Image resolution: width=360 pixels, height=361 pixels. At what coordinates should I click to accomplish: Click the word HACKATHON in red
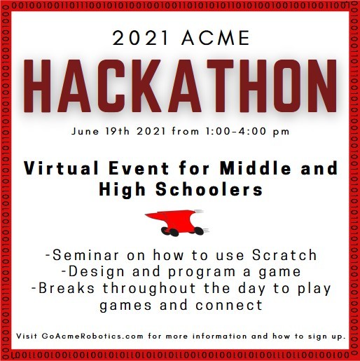point(180,86)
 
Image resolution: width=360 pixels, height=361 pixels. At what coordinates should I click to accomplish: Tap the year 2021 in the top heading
point(141,38)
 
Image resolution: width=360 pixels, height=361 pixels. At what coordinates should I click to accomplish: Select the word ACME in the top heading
point(216,38)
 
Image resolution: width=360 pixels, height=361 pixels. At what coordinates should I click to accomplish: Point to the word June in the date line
point(85,131)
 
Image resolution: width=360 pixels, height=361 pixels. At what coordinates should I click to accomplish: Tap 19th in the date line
point(117,131)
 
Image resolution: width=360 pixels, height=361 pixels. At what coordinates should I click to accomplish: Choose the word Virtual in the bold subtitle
point(61,168)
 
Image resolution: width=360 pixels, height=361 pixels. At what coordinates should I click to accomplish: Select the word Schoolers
point(209,189)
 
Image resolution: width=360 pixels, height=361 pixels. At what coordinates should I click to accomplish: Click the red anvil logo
point(178,222)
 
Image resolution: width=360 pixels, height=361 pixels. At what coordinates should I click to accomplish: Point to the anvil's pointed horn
point(146,214)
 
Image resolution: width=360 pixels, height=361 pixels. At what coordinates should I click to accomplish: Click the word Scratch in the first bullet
point(284,254)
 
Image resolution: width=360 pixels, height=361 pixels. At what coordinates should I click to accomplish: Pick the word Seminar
point(85,254)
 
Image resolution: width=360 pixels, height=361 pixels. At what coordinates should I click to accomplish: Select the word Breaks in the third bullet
point(67,288)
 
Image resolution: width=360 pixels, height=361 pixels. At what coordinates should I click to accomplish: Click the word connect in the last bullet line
point(229,306)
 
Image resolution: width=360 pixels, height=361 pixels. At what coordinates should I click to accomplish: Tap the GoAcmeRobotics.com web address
point(92,336)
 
